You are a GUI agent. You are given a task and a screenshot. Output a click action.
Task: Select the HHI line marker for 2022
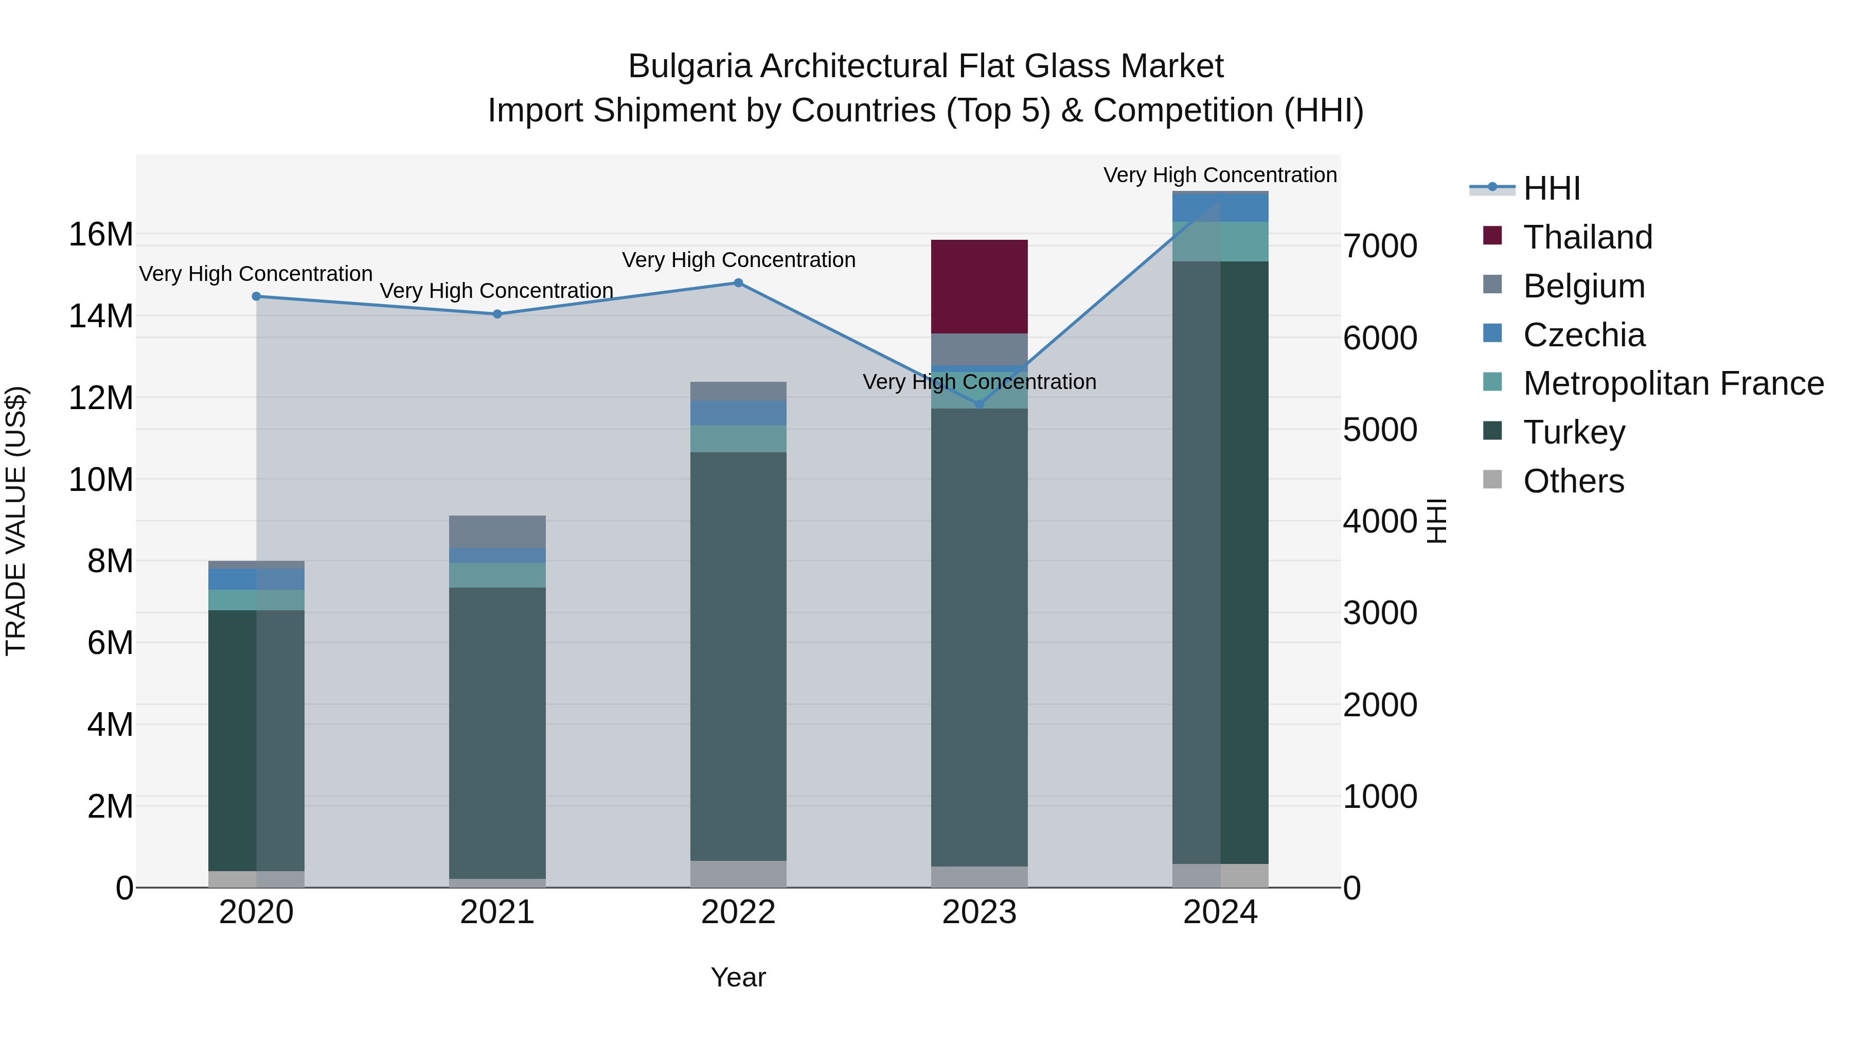pyautogui.click(x=738, y=282)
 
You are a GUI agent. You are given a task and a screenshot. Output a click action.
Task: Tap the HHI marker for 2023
pyautogui.click(x=978, y=404)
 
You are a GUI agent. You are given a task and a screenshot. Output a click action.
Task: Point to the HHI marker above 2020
pyautogui.click(x=256, y=296)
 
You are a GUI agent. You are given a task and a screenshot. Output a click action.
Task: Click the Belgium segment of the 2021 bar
pyautogui.click(x=497, y=532)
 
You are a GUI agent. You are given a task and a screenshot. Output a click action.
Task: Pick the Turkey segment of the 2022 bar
pyautogui.click(x=738, y=656)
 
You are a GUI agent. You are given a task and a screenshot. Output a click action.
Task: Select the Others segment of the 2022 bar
pyautogui.click(x=738, y=874)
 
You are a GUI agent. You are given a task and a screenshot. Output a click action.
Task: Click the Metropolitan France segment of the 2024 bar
pyautogui.click(x=1220, y=242)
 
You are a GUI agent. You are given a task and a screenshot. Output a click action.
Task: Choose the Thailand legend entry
pyautogui.click(x=1587, y=237)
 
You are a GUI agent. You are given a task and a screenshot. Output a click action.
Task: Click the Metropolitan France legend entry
pyautogui.click(x=1672, y=383)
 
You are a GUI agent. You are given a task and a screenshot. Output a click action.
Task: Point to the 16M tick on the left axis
pyautogui.click(x=101, y=235)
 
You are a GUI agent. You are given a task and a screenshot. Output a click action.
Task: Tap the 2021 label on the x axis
pyautogui.click(x=497, y=912)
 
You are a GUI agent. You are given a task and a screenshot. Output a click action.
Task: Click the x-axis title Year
pyautogui.click(x=738, y=977)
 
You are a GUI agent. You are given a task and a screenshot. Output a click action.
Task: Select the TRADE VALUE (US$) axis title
pyautogui.click(x=16, y=521)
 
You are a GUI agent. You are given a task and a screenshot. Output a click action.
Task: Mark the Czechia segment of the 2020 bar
pyautogui.click(x=256, y=579)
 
